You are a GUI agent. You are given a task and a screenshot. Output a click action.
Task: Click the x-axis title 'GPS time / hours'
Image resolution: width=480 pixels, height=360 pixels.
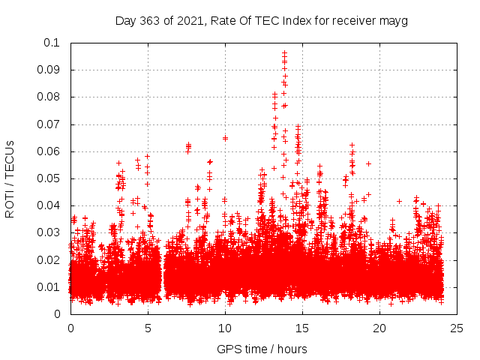[x=262, y=349]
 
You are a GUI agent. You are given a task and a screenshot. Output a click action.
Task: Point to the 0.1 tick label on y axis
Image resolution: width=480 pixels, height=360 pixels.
[x=52, y=43]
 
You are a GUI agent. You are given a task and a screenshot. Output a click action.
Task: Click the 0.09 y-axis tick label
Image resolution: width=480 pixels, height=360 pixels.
[x=49, y=70]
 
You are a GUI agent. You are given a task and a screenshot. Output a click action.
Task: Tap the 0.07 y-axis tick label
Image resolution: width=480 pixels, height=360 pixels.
[x=49, y=124]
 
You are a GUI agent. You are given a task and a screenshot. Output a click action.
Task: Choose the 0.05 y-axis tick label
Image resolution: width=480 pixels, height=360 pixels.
[x=49, y=178]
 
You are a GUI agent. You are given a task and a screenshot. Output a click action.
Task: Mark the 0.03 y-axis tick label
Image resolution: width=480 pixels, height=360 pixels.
[x=49, y=233]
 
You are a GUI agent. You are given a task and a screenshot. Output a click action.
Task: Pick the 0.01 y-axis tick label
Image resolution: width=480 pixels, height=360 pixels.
[x=49, y=287]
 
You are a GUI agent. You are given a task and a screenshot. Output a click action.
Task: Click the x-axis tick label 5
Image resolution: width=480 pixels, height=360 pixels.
[x=148, y=328]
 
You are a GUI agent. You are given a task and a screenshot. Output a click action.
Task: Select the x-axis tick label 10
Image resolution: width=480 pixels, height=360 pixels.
[x=225, y=328]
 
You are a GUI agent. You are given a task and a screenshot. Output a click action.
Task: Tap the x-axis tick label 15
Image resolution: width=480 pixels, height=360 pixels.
[x=302, y=328]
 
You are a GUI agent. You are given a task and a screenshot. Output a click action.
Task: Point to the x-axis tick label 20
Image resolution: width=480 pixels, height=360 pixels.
[x=379, y=328]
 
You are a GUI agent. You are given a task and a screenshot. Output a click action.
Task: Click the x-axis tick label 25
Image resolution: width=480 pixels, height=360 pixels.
[x=457, y=328]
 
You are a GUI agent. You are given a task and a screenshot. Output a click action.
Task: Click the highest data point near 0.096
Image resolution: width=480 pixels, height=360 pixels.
[x=284, y=53]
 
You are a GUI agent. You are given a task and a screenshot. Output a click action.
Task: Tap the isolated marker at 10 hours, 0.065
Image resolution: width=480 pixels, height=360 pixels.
[x=225, y=138]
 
